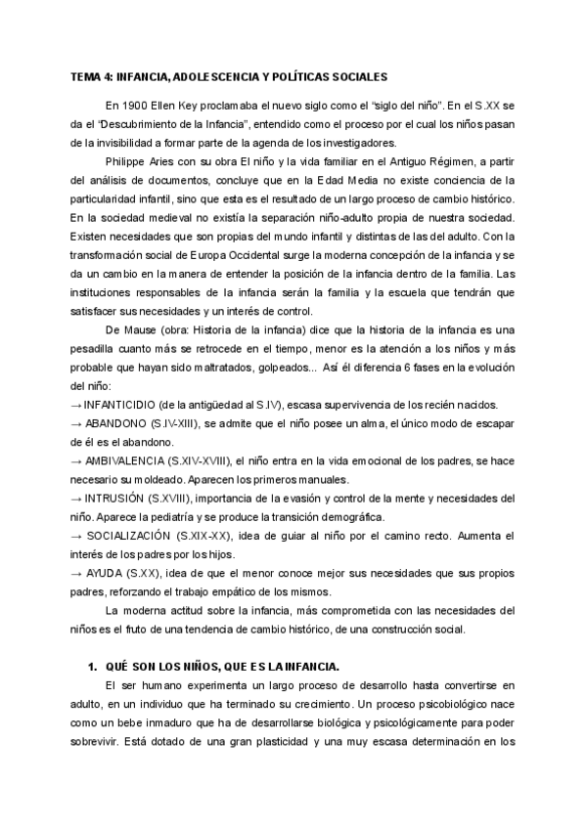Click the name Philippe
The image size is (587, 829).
coord(125,160)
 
